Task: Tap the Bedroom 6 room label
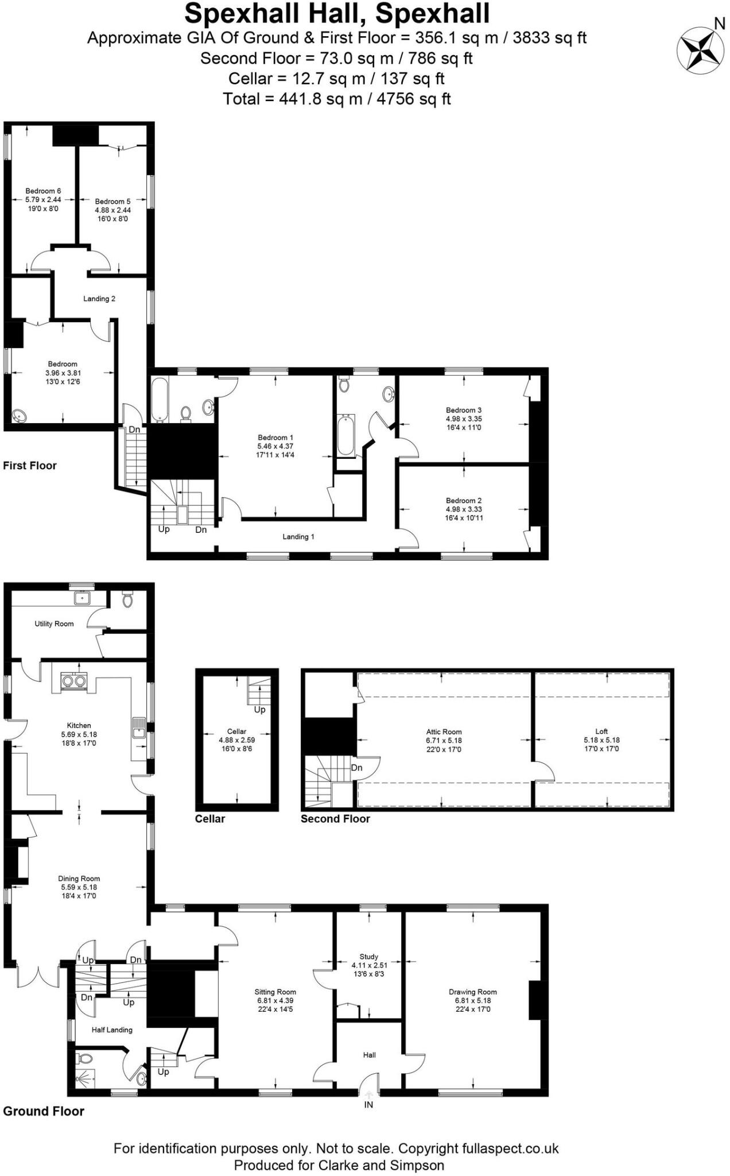(43, 191)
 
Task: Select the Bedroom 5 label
(112, 202)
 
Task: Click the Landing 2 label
(99, 299)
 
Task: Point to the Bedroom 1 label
(275, 438)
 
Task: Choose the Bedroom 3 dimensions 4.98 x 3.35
(464, 419)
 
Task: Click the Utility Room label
(54, 624)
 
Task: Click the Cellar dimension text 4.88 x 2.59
(236, 740)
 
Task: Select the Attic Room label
(444, 732)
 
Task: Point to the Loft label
(601, 732)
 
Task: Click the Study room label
(369, 957)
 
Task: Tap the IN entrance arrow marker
(368, 1095)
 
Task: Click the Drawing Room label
(473, 992)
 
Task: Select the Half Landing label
(112, 1030)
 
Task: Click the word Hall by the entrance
(370, 1055)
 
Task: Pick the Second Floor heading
(335, 819)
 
